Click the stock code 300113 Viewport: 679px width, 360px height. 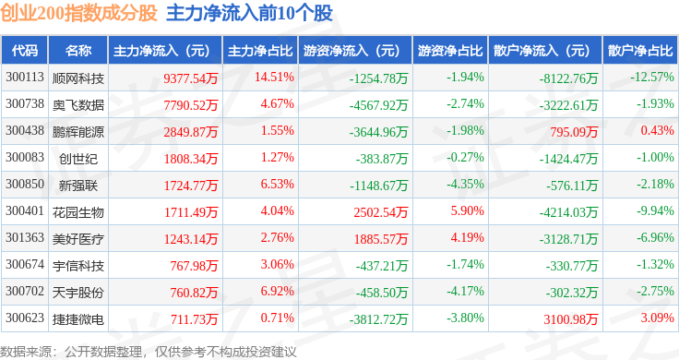tap(25, 78)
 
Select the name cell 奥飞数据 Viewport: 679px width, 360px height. tap(77, 105)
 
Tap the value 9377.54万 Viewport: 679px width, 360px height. tap(191, 78)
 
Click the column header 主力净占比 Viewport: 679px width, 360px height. tap(260, 51)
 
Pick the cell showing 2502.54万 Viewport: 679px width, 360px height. tap(381, 212)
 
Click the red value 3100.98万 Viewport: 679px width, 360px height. tap(571, 319)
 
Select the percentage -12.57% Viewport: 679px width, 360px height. tap(651, 78)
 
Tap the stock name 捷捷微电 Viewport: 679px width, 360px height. tap(77, 319)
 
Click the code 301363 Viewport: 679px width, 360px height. tap(25, 237)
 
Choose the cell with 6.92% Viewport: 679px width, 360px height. tap(277, 291)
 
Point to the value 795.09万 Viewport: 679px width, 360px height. tap(574, 132)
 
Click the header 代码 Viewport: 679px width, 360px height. tap(25, 51)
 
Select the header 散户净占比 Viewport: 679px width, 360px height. tap(640, 51)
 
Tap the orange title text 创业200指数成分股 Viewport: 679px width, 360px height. tap(78, 13)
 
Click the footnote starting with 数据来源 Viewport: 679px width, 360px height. tap(149, 352)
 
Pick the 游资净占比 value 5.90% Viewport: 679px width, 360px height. tap(467, 211)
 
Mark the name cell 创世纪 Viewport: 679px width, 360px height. tap(77, 159)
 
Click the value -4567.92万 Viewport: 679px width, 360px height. tap(378, 105)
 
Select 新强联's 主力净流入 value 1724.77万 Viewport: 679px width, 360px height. tap(191, 186)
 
